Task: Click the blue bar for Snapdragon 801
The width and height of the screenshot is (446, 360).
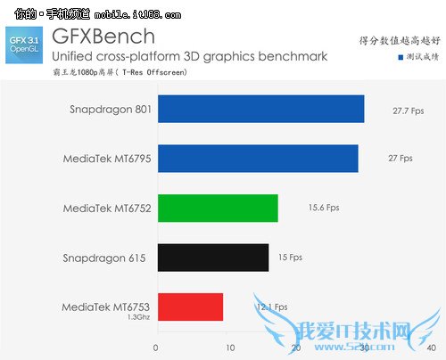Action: pyautogui.click(x=260, y=109)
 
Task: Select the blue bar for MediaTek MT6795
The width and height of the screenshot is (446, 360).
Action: pyautogui.click(x=258, y=158)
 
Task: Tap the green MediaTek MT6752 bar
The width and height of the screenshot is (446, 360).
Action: pyautogui.click(x=218, y=208)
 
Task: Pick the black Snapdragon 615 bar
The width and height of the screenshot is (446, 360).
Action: pyautogui.click(x=213, y=257)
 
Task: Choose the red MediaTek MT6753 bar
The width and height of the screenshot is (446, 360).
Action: pyautogui.click(x=190, y=307)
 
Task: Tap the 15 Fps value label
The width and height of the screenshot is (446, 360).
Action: pyautogui.click(x=291, y=257)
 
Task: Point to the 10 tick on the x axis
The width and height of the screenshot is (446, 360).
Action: pyautogui.click(x=229, y=348)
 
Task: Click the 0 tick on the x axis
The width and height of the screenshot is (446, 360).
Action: pyautogui.click(x=156, y=348)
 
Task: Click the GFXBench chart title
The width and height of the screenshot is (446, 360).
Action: pyautogui.click(x=103, y=37)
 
